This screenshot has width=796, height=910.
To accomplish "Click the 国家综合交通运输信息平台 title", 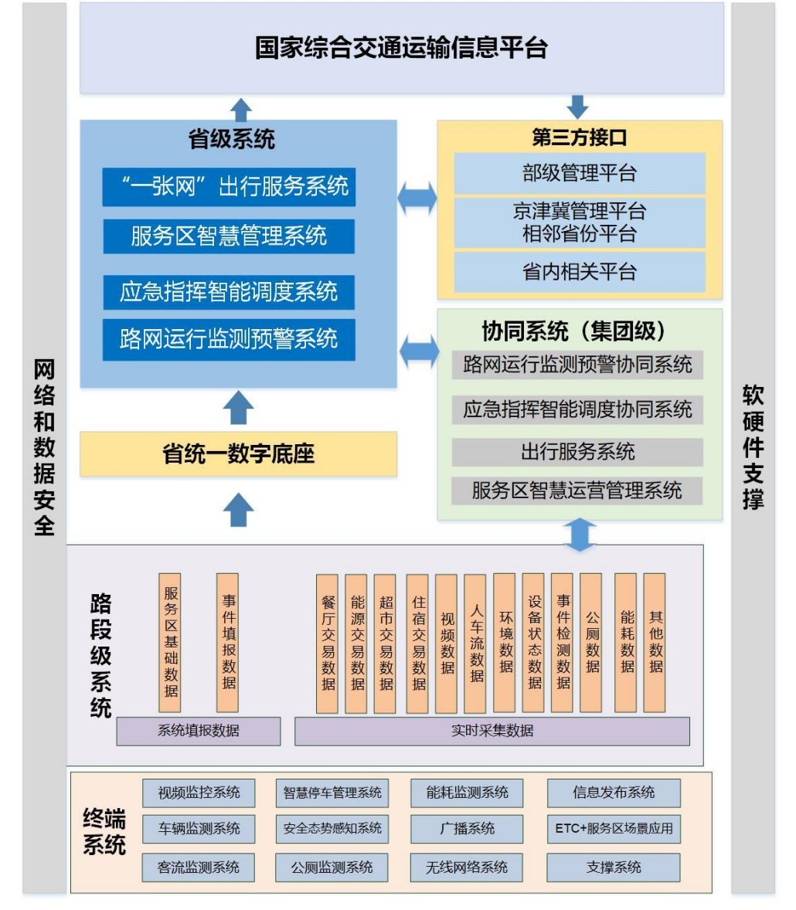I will (x=401, y=48).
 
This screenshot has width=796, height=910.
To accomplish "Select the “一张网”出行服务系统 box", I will (x=229, y=187).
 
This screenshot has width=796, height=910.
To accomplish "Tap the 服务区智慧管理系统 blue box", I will (x=229, y=236).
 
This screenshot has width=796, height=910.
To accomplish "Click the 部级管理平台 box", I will (x=579, y=173).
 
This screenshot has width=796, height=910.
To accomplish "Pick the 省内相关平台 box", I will (x=579, y=272).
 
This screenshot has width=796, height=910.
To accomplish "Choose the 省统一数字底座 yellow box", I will (x=238, y=453).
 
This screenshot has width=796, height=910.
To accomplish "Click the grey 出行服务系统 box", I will (x=577, y=452).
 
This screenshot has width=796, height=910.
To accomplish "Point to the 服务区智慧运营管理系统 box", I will (x=577, y=491).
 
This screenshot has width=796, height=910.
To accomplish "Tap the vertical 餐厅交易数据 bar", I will (x=328, y=643).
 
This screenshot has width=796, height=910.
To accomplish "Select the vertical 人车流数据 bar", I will (x=476, y=643).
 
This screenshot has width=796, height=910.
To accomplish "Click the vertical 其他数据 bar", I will (x=655, y=643).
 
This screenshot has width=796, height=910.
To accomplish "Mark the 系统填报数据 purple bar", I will (x=198, y=731).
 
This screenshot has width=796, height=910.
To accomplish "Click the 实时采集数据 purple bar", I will (x=492, y=731).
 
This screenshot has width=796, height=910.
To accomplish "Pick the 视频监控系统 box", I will (x=199, y=793).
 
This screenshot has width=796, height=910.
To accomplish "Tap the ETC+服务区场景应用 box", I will (x=614, y=829).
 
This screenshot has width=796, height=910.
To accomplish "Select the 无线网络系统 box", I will (x=466, y=868).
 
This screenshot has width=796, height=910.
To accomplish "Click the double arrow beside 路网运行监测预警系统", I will (x=418, y=352).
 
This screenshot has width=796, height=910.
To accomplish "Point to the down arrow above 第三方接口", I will (x=577, y=107).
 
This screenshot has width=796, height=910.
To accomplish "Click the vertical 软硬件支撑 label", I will (x=753, y=448).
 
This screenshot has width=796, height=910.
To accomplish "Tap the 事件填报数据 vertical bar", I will (x=228, y=643).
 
